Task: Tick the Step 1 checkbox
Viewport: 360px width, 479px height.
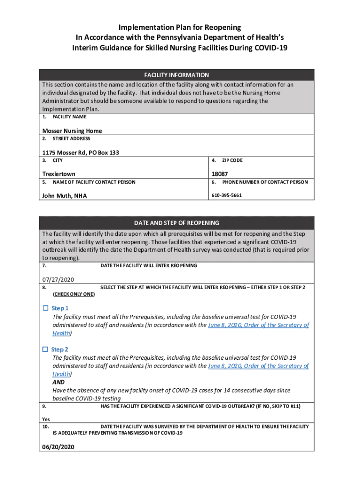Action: (x=45, y=308)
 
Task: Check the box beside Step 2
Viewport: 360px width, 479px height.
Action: (x=45, y=349)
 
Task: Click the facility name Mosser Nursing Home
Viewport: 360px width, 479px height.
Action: (x=72, y=131)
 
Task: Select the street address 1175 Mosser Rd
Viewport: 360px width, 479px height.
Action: (x=76, y=152)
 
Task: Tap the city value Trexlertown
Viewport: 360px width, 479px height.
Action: (x=59, y=174)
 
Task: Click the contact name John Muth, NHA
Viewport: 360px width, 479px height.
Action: (x=65, y=196)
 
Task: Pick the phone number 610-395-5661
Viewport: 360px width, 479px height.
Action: (x=227, y=195)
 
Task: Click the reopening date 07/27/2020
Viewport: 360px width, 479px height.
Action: (x=58, y=280)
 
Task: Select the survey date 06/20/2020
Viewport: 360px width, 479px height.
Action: (x=58, y=447)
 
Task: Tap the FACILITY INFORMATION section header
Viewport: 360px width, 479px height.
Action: (x=176, y=75)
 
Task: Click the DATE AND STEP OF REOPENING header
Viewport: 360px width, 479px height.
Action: (x=176, y=223)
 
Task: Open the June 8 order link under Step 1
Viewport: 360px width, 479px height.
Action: (x=258, y=325)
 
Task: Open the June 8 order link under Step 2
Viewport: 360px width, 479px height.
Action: (x=258, y=366)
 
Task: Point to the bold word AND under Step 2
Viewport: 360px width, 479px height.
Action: (x=59, y=382)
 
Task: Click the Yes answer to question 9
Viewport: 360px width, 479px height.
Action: (x=46, y=419)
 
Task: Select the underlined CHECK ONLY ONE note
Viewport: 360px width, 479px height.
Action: (x=74, y=294)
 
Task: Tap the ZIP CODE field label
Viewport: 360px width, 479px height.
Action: (x=232, y=160)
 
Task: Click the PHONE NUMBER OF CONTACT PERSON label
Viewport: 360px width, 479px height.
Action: (x=265, y=182)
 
